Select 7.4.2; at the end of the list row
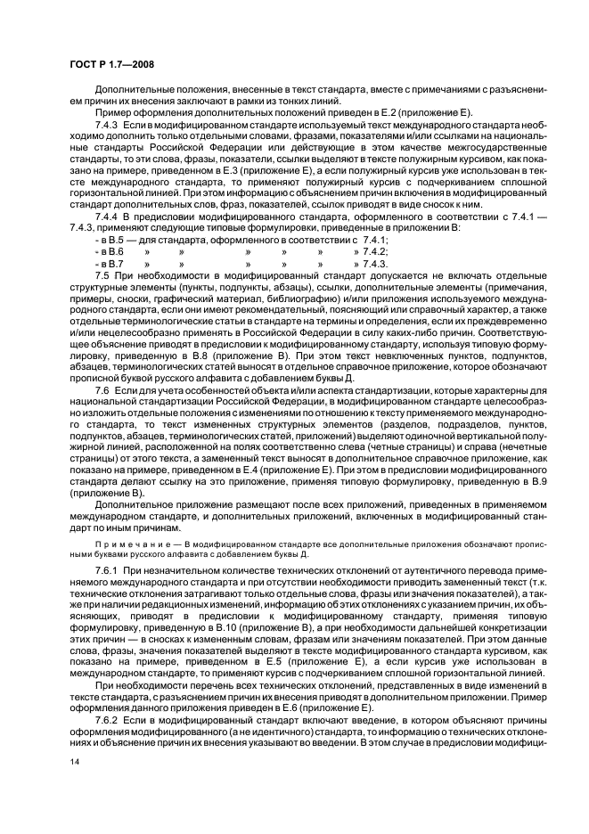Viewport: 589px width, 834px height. pos(372,252)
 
